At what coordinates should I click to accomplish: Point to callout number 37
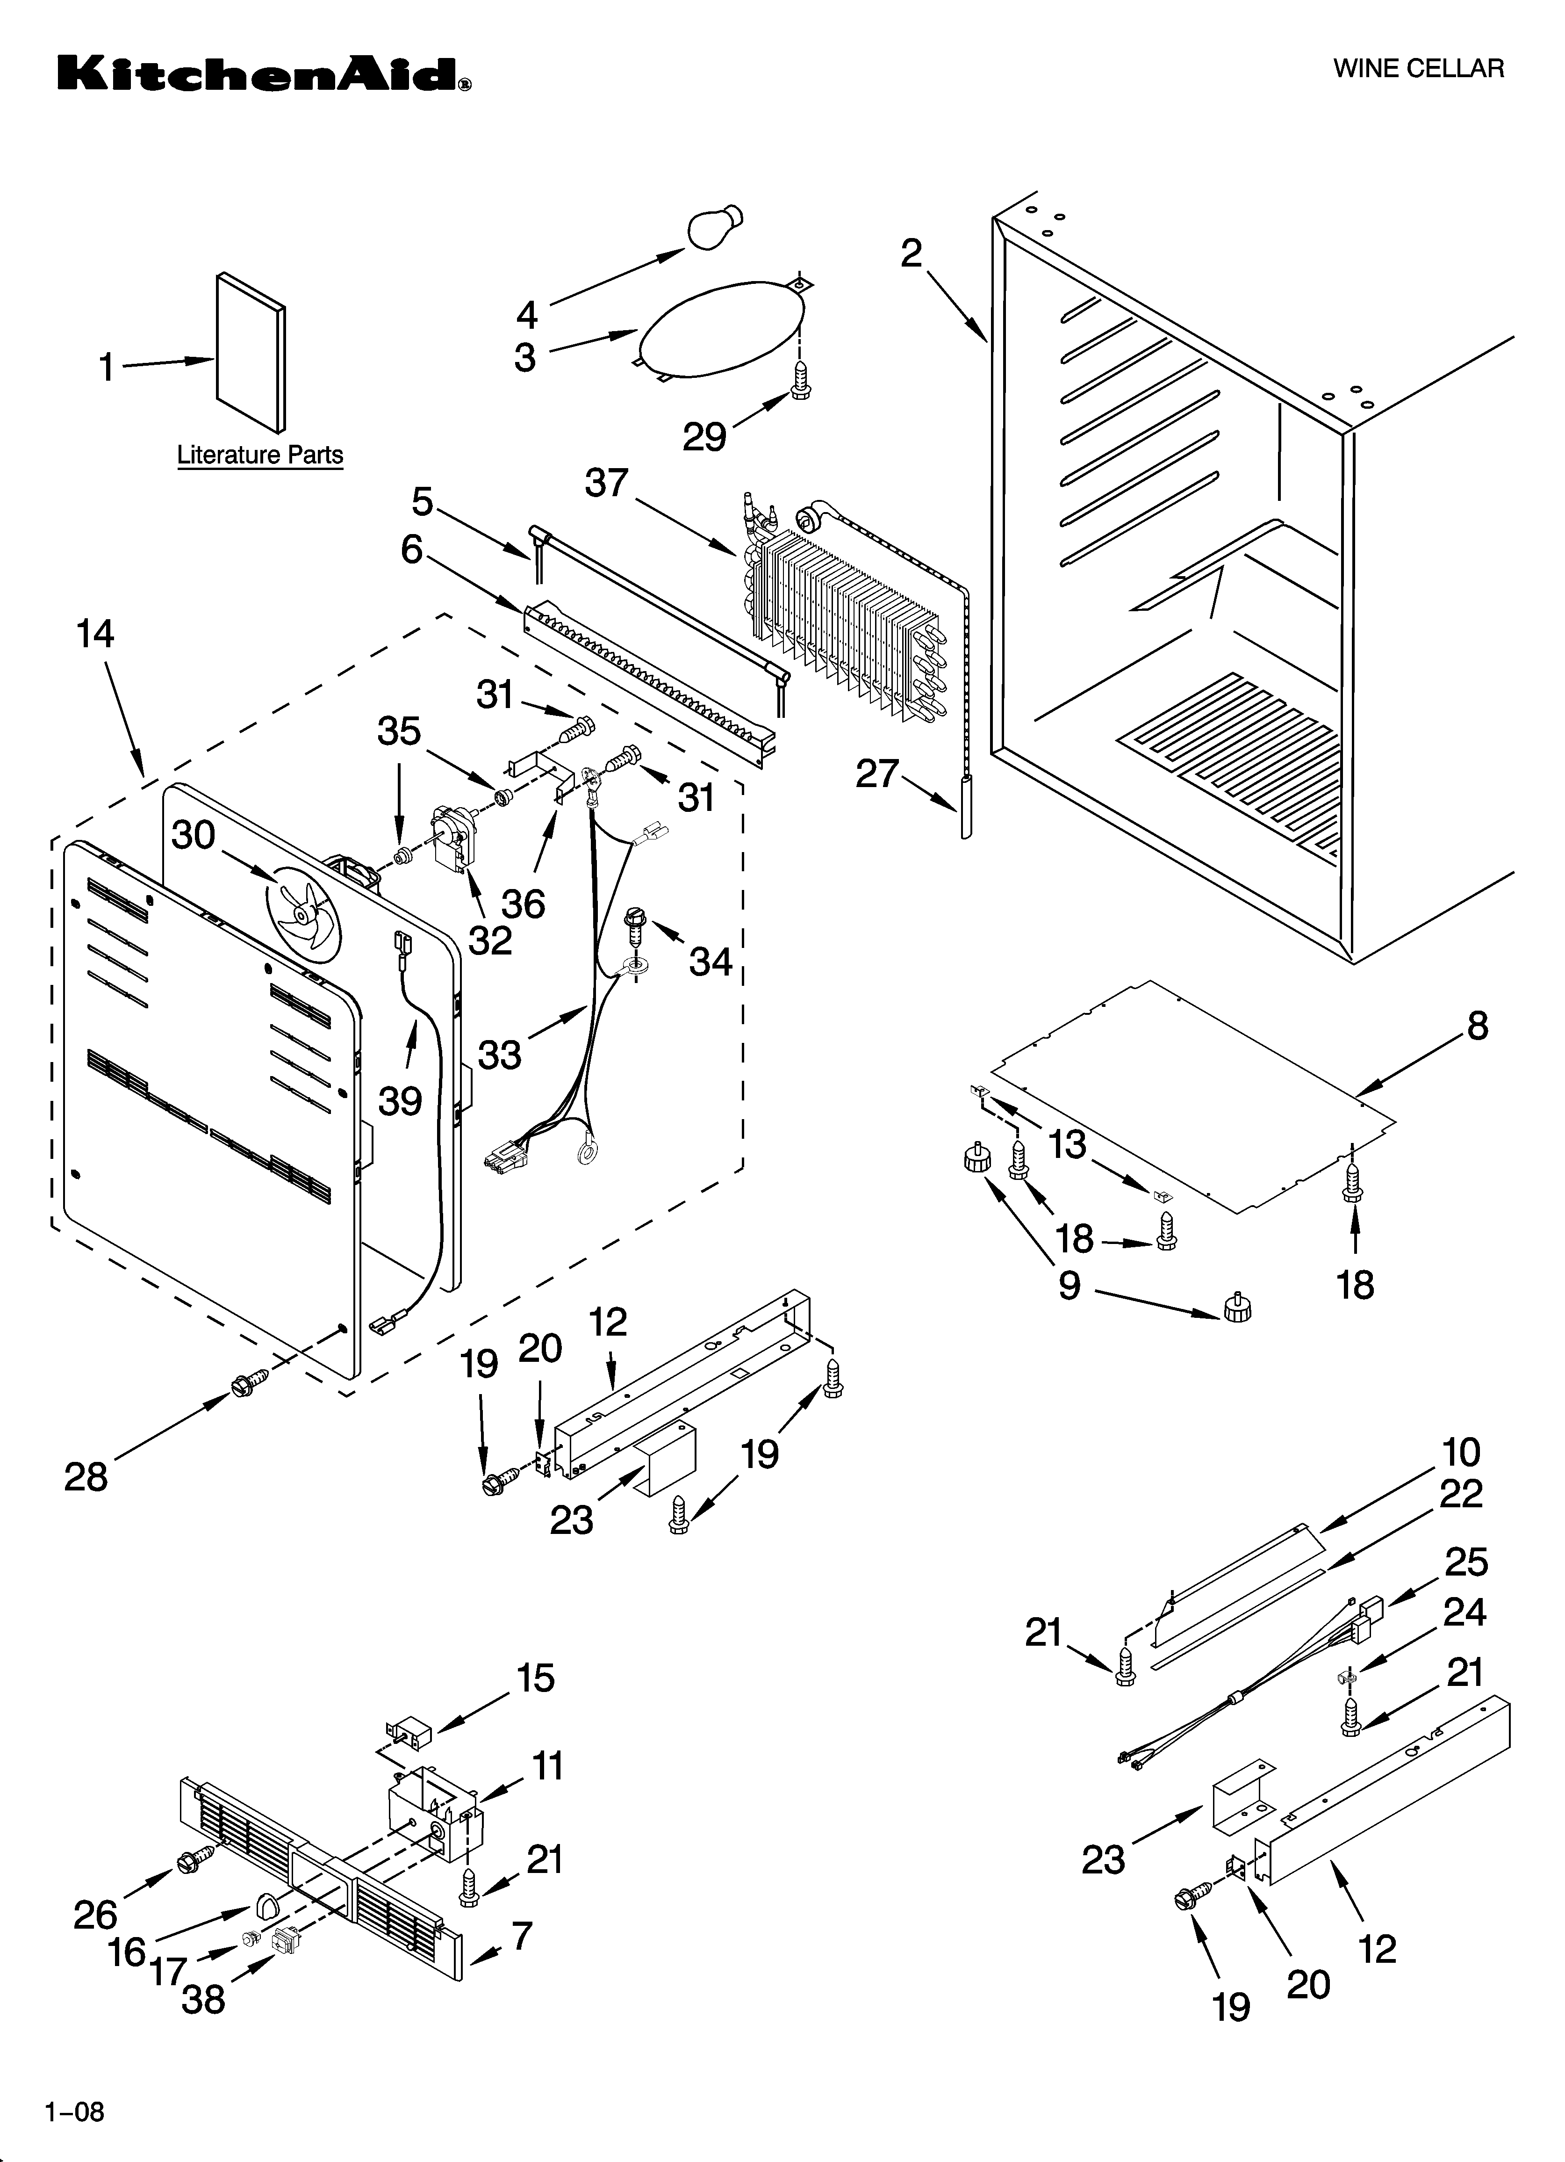coord(606,483)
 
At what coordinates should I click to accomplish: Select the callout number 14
coord(95,634)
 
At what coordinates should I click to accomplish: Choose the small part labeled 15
coord(408,1729)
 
